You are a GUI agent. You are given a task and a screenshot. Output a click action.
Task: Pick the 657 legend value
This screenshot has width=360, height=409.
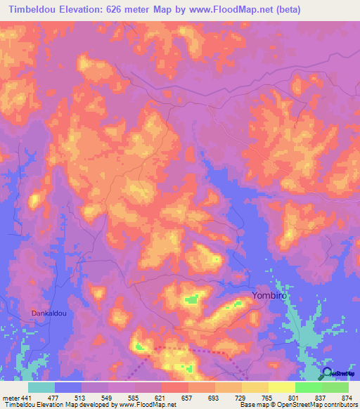188,398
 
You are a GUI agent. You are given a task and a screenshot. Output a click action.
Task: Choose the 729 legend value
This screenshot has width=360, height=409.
242,398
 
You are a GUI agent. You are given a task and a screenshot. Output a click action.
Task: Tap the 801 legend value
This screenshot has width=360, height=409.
295,398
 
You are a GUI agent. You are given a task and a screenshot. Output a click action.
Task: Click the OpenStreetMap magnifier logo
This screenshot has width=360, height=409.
327,373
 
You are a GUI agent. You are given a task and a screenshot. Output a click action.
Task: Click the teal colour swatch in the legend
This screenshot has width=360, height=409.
41,387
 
